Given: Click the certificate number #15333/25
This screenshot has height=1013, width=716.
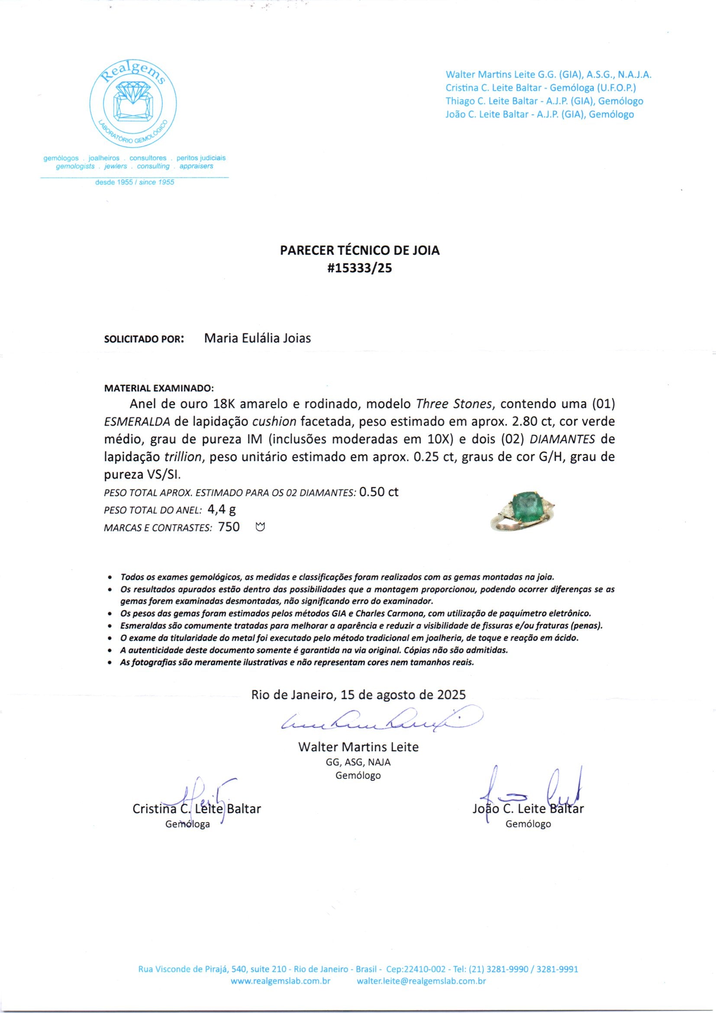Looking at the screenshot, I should click(359, 268).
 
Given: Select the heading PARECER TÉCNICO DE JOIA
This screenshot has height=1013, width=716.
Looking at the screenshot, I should click(360, 250).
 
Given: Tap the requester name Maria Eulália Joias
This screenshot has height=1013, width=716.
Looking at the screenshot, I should click(258, 338).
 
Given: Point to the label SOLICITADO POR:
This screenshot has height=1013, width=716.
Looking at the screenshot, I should click(144, 340).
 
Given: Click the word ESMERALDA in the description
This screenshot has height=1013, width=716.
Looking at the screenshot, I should click(137, 421).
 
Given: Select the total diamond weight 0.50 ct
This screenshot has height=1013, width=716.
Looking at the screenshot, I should click(379, 492).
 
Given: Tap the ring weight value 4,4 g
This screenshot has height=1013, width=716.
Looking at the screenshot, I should click(221, 510).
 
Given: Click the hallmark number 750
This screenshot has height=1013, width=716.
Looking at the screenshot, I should click(229, 527).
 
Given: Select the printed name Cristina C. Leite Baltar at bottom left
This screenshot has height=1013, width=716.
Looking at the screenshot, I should click(197, 809).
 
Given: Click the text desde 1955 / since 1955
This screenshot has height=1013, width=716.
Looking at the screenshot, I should click(135, 182).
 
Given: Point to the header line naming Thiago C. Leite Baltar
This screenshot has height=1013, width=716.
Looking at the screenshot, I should click(544, 101).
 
